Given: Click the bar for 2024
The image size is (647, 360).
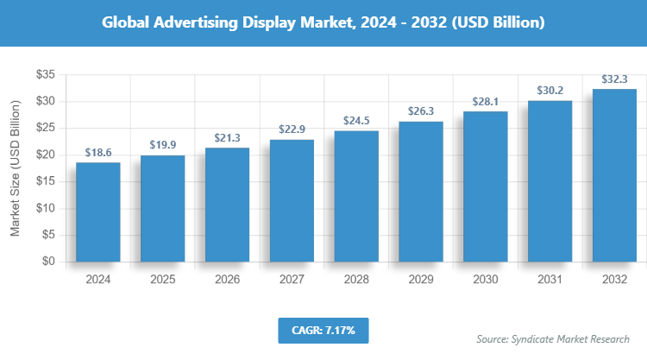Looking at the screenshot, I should click(x=97, y=212).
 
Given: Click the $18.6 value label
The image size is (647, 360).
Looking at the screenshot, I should click(x=97, y=152).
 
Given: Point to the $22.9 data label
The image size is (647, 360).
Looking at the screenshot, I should click(x=292, y=129).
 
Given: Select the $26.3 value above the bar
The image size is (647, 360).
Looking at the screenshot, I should click(x=421, y=111).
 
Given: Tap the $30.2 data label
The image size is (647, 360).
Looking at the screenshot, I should click(x=550, y=91).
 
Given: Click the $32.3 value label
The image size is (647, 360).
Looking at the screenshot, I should click(x=615, y=79).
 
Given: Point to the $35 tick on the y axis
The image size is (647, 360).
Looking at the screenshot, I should click(x=45, y=75).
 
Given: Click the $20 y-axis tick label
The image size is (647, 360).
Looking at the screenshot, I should click(x=45, y=155).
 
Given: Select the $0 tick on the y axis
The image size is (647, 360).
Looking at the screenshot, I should click(x=48, y=262).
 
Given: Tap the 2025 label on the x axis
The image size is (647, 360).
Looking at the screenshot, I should click(x=162, y=280).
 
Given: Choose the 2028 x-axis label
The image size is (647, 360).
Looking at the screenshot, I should click(x=356, y=280).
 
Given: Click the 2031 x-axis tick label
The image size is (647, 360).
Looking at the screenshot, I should click(x=550, y=280).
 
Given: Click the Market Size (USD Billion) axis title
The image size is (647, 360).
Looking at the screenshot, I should click(x=15, y=168).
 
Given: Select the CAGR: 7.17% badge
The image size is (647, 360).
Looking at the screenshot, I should click(x=323, y=330).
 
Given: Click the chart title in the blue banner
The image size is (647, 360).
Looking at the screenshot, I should click(x=323, y=23).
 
